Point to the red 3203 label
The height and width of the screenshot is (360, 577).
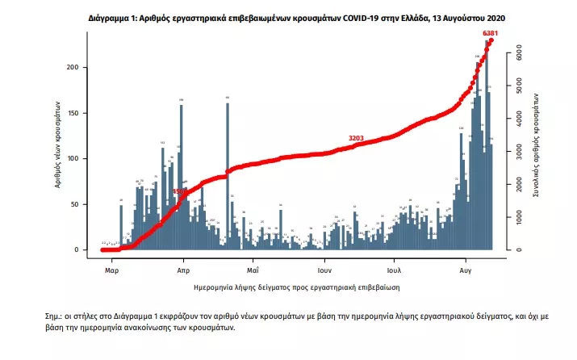(x=357, y=138)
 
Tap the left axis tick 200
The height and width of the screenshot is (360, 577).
(x=77, y=67)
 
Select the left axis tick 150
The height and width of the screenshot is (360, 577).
(x=77, y=113)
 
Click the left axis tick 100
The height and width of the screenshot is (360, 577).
(x=77, y=158)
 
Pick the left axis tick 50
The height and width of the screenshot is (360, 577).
(x=78, y=204)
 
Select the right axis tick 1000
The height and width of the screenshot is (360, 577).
(x=520, y=217)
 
